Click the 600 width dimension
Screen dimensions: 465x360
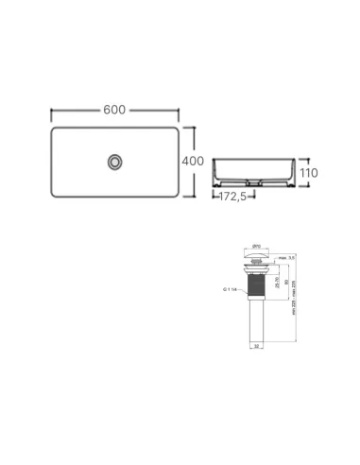coord(114,110)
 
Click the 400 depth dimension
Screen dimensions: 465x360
coord(193,162)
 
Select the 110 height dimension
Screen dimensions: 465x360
coord(309,174)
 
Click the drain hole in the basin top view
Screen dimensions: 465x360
coord(115,162)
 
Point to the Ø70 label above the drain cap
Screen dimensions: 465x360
coord(258,246)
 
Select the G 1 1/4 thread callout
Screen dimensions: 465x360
coord(229,287)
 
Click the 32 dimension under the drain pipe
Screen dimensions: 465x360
coord(258,347)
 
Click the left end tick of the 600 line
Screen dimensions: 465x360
coord(51,110)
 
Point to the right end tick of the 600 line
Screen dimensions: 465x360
coord(178,110)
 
